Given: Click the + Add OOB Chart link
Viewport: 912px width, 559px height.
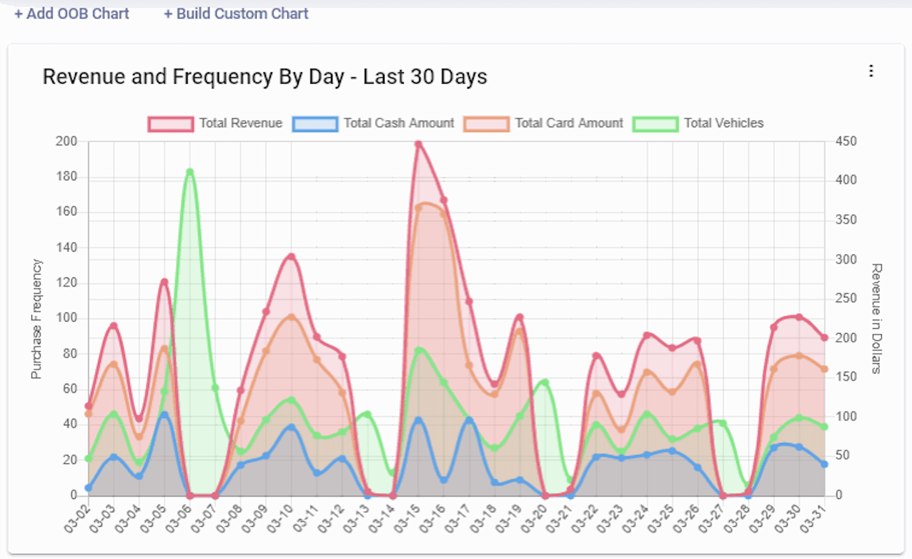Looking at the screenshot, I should pos(71,14).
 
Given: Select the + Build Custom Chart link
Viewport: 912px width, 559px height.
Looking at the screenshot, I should pos(236,14).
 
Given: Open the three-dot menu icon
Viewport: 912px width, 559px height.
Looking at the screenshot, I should pos(871,71).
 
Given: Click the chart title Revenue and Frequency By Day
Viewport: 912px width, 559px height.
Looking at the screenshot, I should pos(264,77).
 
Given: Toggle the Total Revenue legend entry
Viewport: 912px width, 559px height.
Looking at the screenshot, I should pos(215,124).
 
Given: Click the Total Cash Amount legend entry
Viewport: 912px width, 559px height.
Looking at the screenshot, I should pos(372,124).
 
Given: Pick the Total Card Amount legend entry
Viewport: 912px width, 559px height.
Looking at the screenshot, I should pos(544,124).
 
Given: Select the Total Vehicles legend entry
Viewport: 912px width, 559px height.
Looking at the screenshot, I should pos(698,124).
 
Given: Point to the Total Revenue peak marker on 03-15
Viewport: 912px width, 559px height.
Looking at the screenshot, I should pos(419,144).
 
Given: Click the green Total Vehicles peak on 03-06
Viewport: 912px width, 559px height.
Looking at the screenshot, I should pos(189,172).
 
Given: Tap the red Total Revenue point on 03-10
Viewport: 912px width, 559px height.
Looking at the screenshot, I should pos(292,257).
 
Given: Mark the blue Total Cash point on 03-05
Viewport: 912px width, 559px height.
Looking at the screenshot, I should pos(164,415).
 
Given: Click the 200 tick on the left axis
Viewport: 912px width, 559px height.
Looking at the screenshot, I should pos(66,142).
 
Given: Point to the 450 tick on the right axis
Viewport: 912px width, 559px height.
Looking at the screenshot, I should pos(846,142).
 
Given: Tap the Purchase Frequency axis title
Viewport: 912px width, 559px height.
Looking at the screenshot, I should pos(36,319).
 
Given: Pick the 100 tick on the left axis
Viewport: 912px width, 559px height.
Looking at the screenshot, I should pos(66,319).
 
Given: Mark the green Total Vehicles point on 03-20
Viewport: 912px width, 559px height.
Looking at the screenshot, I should pos(545,382).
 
